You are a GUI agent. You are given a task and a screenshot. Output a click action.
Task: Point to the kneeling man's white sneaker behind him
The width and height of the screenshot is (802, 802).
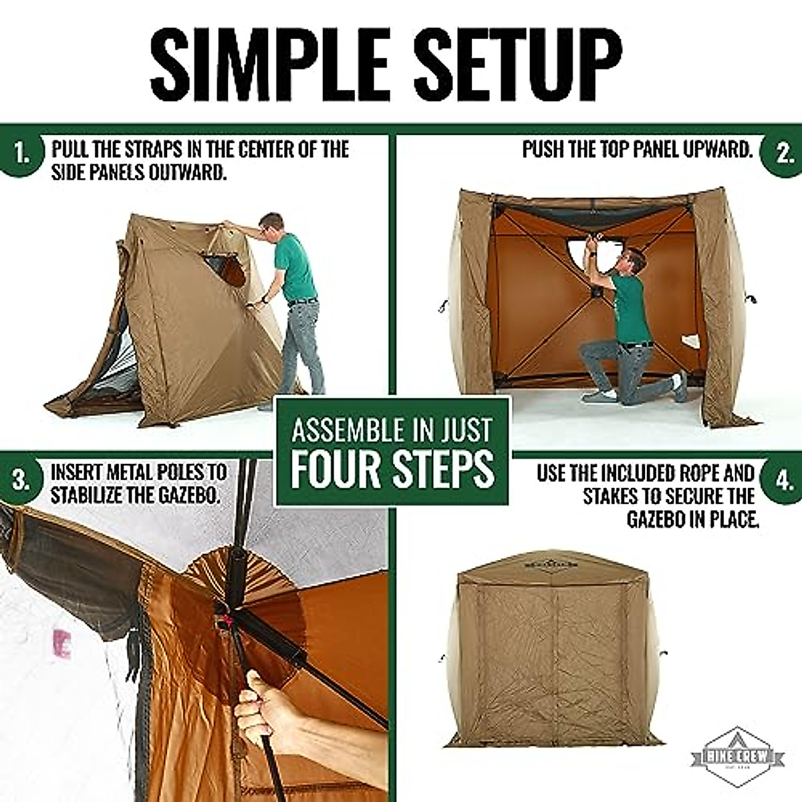[677, 387]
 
